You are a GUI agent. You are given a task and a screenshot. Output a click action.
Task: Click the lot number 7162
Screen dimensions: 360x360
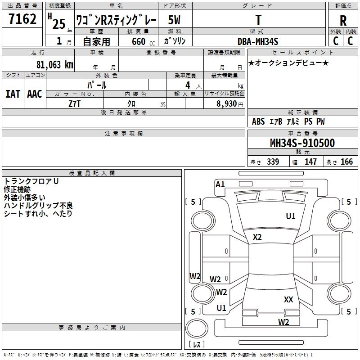(22, 20)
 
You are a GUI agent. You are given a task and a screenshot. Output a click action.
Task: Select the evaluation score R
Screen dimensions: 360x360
(343, 21)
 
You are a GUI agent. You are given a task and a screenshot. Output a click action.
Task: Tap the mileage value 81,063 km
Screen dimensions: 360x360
(54, 64)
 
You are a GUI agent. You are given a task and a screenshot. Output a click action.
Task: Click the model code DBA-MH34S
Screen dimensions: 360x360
(258, 41)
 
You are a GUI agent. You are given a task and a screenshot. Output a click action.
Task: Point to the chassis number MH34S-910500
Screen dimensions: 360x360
(302, 144)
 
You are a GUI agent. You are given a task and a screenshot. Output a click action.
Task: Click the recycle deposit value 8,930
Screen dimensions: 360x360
(226, 103)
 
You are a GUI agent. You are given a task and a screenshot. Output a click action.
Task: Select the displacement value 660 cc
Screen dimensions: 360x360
(137, 41)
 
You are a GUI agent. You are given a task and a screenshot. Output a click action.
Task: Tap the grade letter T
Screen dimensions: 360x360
(258, 20)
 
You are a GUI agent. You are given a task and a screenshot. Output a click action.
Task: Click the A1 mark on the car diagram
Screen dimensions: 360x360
(220, 184)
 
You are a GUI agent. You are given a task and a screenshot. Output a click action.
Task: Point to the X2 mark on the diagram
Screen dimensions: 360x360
(257, 237)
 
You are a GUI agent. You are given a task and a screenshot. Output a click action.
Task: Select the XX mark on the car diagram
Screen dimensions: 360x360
(288, 299)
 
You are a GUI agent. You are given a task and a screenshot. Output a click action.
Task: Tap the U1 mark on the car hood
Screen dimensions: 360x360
(291, 216)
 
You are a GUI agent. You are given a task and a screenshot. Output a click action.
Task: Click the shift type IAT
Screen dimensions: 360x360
(13, 94)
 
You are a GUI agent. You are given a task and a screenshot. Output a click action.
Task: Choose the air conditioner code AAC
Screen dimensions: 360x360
(34, 94)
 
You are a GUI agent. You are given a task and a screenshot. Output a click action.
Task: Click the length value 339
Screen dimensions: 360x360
(273, 162)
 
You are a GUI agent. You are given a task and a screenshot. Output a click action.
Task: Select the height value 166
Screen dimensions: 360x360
(346, 162)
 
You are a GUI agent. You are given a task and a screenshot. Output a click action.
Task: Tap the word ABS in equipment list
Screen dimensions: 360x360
(258, 121)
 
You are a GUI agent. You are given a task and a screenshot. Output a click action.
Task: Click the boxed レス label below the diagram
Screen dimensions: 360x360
(197, 344)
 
